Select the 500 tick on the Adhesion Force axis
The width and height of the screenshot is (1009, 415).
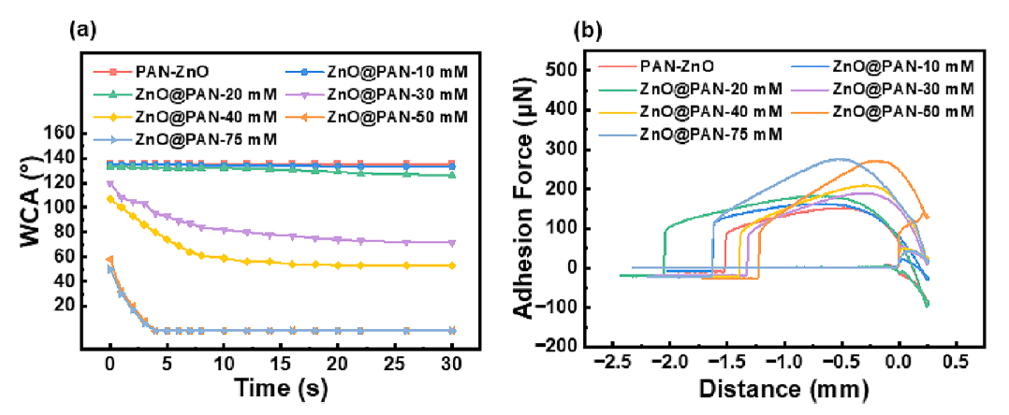pos(584,71)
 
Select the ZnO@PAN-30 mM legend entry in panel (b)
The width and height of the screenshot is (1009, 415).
pos(899,89)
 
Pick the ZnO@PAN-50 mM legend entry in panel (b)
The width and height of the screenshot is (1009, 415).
pos(899,111)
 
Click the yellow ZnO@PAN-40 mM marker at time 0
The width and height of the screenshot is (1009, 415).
pos(110,199)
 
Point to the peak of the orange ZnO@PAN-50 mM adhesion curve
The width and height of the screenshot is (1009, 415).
pos(874,161)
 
